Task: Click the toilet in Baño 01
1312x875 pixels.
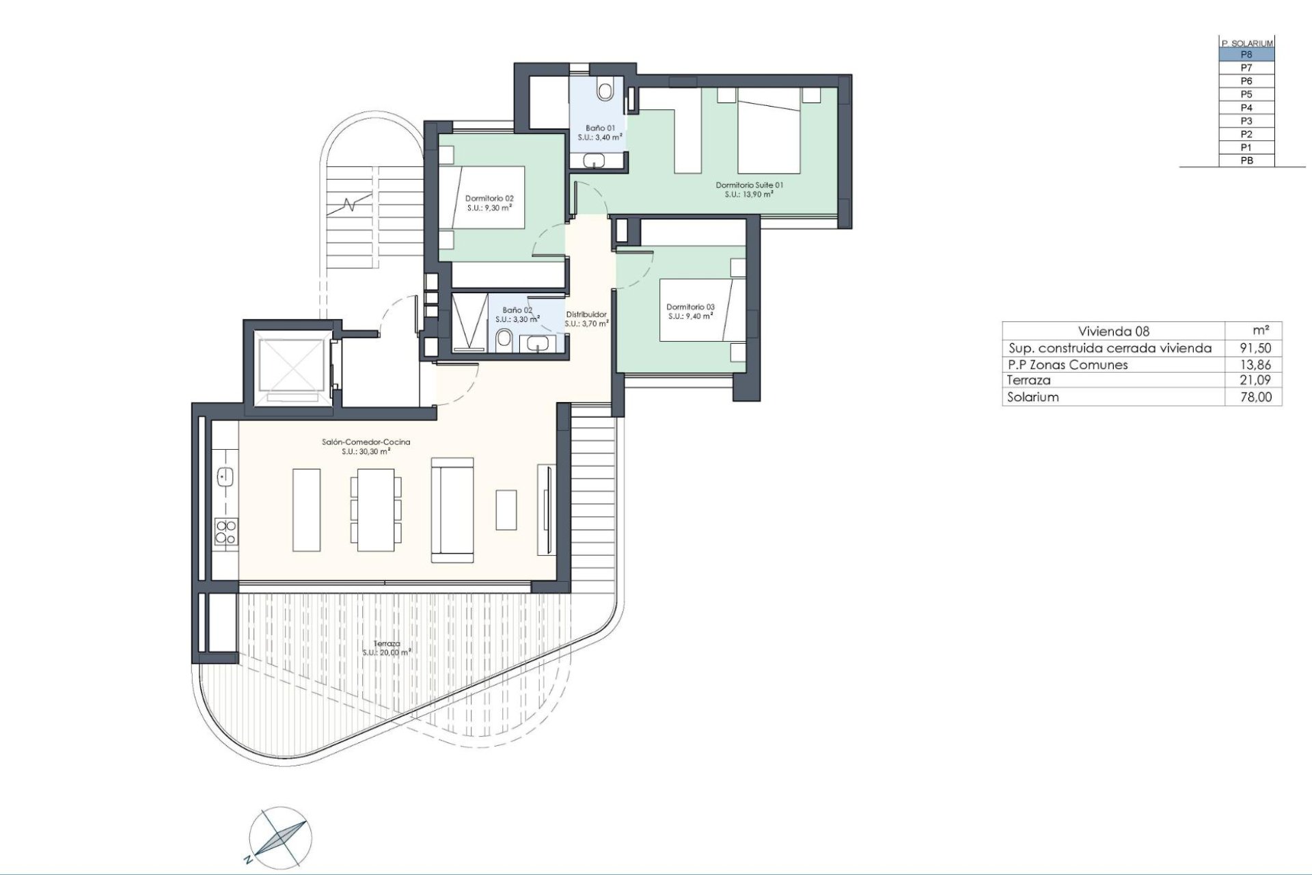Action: pyautogui.click(x=605, y=90)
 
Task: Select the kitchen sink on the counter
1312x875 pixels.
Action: pyautogui.click(x=225, y=476)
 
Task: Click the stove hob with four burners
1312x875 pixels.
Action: pyautogui.click(x=225, y=532)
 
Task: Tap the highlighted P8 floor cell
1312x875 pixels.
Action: pyautogui.click(x=1246, y=55)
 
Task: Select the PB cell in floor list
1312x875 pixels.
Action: pyautogui.click(x=1246, y=161)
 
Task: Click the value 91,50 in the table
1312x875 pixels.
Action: pyautogui.click(x=1255, y=348)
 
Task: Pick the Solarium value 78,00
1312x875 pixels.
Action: pyautogui.click(x=1255, y=397)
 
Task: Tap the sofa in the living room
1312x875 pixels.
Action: pyautogui.click(x=452, y=510)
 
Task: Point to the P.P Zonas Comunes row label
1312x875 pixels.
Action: pyautogui.click(x=1067, y=364)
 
